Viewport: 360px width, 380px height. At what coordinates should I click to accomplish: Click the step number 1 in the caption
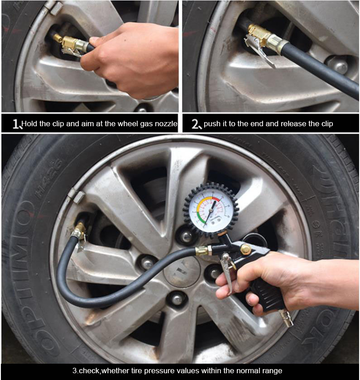click(16, 124)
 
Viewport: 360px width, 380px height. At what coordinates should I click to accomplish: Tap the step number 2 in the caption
click(196, 124)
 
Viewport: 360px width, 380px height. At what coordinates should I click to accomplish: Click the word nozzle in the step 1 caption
click(165, 123)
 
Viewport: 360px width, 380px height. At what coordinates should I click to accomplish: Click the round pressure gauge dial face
click(211, 209)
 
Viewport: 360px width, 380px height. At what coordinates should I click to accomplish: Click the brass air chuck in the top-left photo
click(70, 44)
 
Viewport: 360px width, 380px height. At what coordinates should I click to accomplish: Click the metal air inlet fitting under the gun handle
click(286, 318)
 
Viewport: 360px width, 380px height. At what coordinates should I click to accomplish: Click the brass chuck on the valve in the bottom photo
click(80, 230)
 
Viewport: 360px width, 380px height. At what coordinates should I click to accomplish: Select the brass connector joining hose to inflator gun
click(202, 250)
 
